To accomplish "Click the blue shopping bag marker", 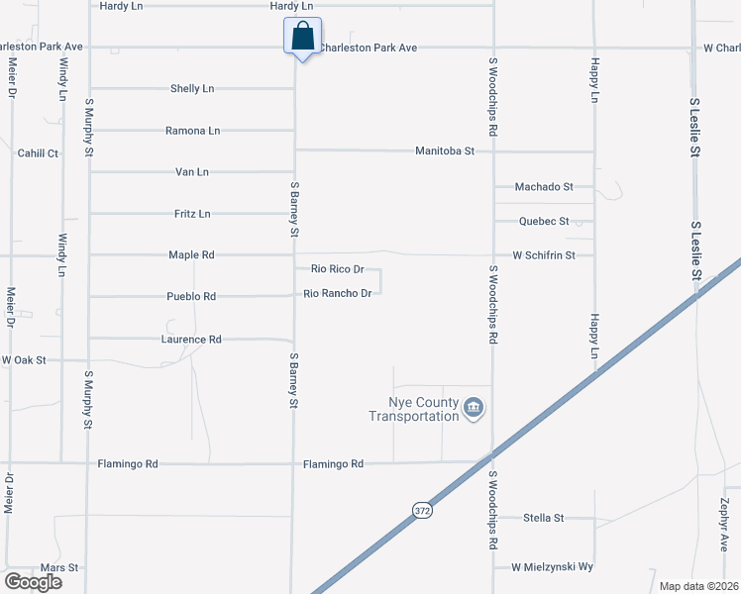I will pyautogui.click(x=303, y=38).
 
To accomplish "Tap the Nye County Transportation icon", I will pyautogui.click(x=474, y=408).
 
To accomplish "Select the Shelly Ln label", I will pyautogui.click(x=192, y=89).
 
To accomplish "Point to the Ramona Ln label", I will pyautogui.click(x=192, y=131).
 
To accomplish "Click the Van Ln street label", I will pyautogui.click(x=191, y=172).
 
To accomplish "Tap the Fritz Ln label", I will pyautogui.click(x=192, y=214).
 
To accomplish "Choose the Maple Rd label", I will pyautogui.click(x=191, y=255).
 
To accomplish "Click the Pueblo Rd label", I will pyautogui.click(x=191, y=297).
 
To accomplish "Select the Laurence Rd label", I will pyautogui.click(x=191, y=340).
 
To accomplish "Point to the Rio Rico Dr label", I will pyautogui.click(x=338, y=269).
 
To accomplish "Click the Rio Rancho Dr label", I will pyautogui.click(x=337, y=293).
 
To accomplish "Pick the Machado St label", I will pyautogui.click(x=544, y=186).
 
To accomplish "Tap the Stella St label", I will pyautogui.click(x=544, y=518).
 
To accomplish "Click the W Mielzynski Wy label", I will pyautogui.click(x=552, y=567).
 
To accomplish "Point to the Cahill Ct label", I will pyautogui.click(x=39, y=153).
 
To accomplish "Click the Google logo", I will pyautogui.click(x=33, y=581).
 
